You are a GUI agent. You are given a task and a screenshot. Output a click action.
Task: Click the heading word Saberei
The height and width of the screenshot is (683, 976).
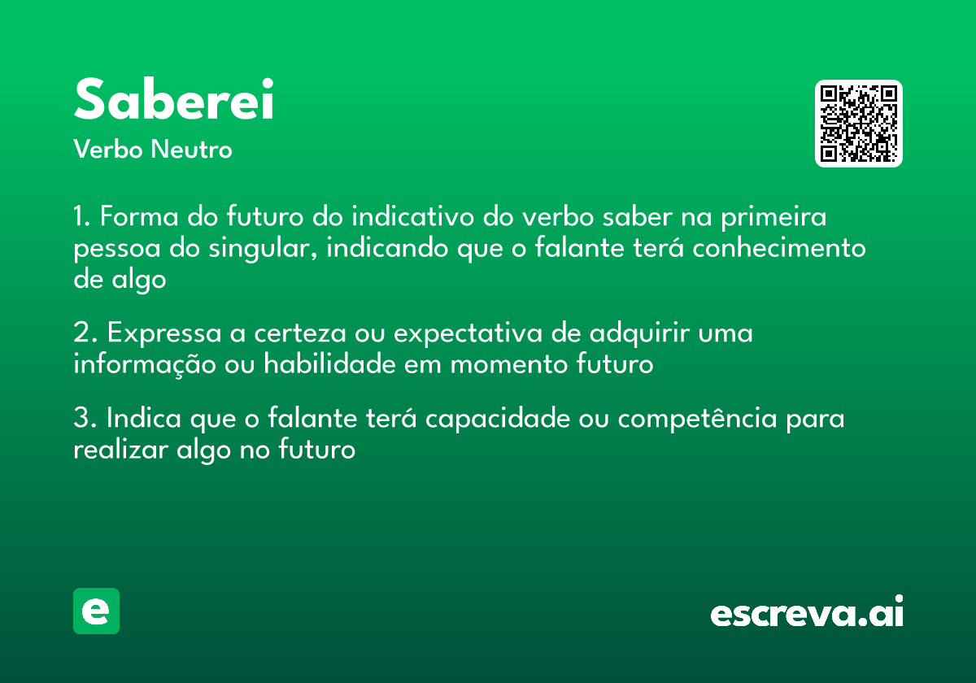pos(173,101)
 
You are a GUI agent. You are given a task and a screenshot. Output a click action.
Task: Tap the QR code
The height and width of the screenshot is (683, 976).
pos(859,124)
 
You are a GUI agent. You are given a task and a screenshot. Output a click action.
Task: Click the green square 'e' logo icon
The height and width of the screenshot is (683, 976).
pos(96,611)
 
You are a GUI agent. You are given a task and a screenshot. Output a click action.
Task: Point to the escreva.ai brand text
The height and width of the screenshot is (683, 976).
pos(807,613)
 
